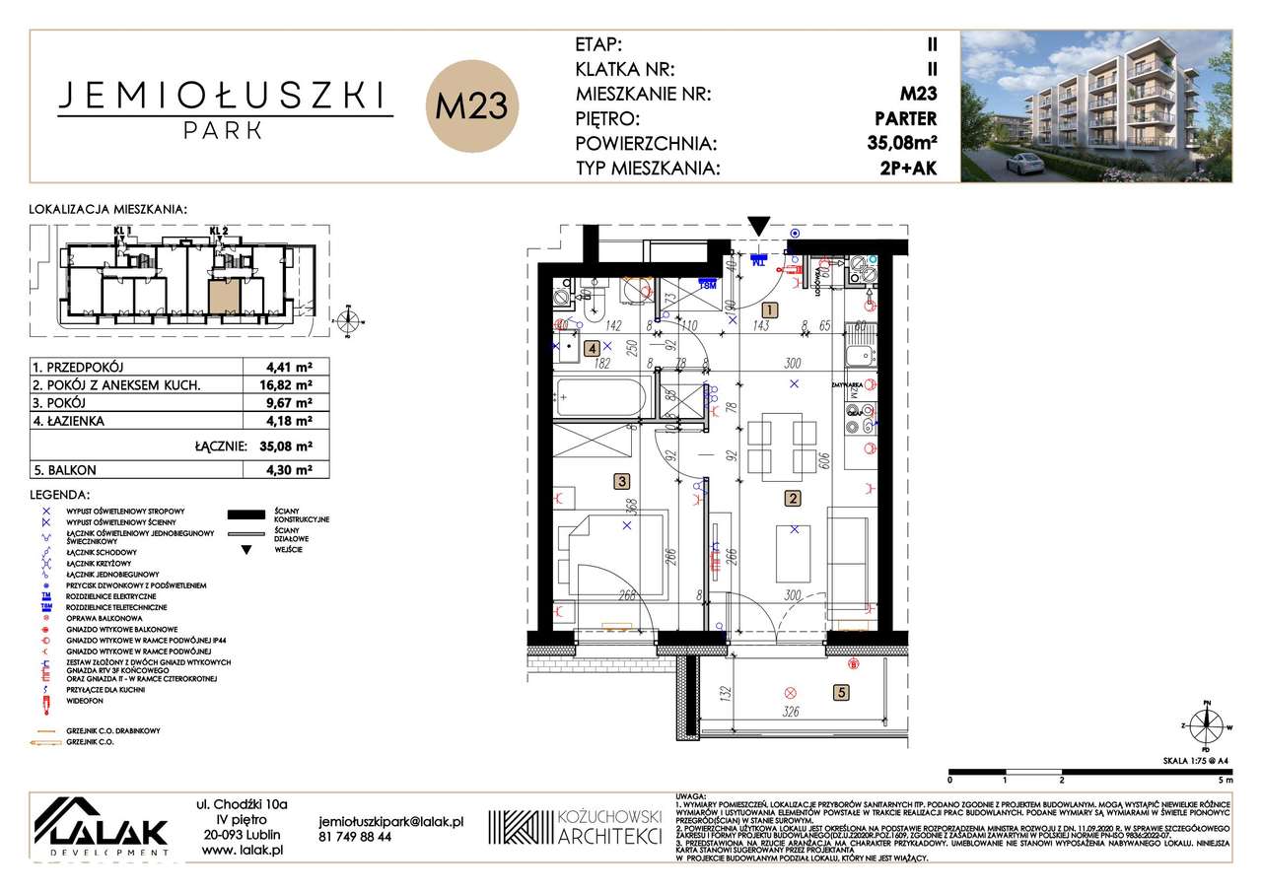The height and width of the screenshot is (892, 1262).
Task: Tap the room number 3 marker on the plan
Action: pos(621,482)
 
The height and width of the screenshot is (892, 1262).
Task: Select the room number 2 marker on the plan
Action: pos(791,499)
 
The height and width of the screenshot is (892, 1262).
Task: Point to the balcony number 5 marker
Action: pos(840,692)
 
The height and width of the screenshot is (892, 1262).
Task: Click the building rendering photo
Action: pos(1096,105)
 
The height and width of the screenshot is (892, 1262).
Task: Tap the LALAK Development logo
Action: pos(102,824)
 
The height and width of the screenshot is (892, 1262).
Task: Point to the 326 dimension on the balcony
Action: pos(791,712)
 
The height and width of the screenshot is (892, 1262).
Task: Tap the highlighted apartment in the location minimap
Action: pos(223,295)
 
